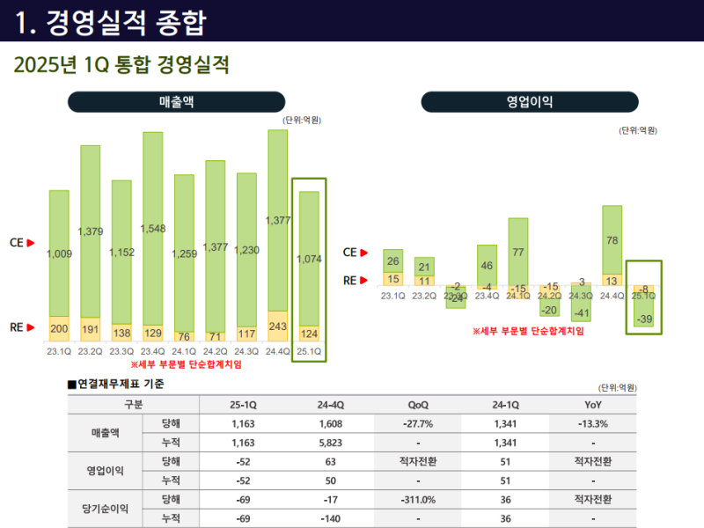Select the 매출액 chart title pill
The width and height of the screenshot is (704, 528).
(x=177, y=102)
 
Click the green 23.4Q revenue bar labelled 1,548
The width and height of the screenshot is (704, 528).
(x=152, y=228)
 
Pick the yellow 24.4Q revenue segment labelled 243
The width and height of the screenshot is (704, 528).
(x=278, y=326)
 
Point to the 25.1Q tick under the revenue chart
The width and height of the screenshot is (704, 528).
(x=310, y=351)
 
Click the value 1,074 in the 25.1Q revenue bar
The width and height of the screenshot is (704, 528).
(x=309, y=260)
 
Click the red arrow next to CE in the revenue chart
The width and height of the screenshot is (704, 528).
(x=31, y=242)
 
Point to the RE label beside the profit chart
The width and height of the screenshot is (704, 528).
(x=349, y=281)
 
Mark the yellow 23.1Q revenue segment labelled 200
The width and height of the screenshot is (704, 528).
(x=59, y=328)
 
